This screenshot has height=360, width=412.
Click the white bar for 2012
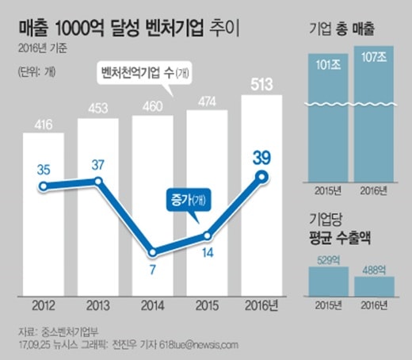pyautogui.click(x=44, y=214)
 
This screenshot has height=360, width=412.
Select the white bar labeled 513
pyautogui.click(x=261, y=196)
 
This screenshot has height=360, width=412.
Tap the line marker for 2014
pyautogui.click(x=153, y=253)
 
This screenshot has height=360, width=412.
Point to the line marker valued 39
pyautogui.click(x=262, y=177)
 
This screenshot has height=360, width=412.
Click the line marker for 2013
pyautogui.click(x=98, y=182)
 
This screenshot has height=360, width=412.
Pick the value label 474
pyautogui.click(x=208, y=101)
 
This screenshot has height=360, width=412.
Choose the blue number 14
pyautogui.click(x=208, y=253)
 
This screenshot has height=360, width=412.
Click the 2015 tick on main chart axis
pyautogui.click(x=207, y=305)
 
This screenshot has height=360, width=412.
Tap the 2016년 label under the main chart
pyautogui.click(x=261, y=305)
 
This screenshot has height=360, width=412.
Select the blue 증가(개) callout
pyautogui.click(x=189, y=200)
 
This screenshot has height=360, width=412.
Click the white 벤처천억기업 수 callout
pyautogui.click(x=144, y=73)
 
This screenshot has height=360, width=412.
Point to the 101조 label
pyautogui.click(x=328, y=65)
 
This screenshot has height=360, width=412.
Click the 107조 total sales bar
pyautogui.click(x=374, y=114)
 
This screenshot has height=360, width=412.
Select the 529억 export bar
pyautogui.click(x=329, y=281)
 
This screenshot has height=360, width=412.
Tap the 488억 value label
pyautogui.click(x=374, y=270)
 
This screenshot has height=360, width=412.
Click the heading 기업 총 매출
pyautogui.click(x=341, y=29)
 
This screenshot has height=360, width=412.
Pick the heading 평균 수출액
pyautogui.click(x=340, y=238)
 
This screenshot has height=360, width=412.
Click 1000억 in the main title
pyautogui.click(x=79, y=29)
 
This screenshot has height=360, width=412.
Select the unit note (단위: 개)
pyautogui.click(x=36, y=71)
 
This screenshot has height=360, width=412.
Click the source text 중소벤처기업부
pyautogui.click(x=70, y=332)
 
